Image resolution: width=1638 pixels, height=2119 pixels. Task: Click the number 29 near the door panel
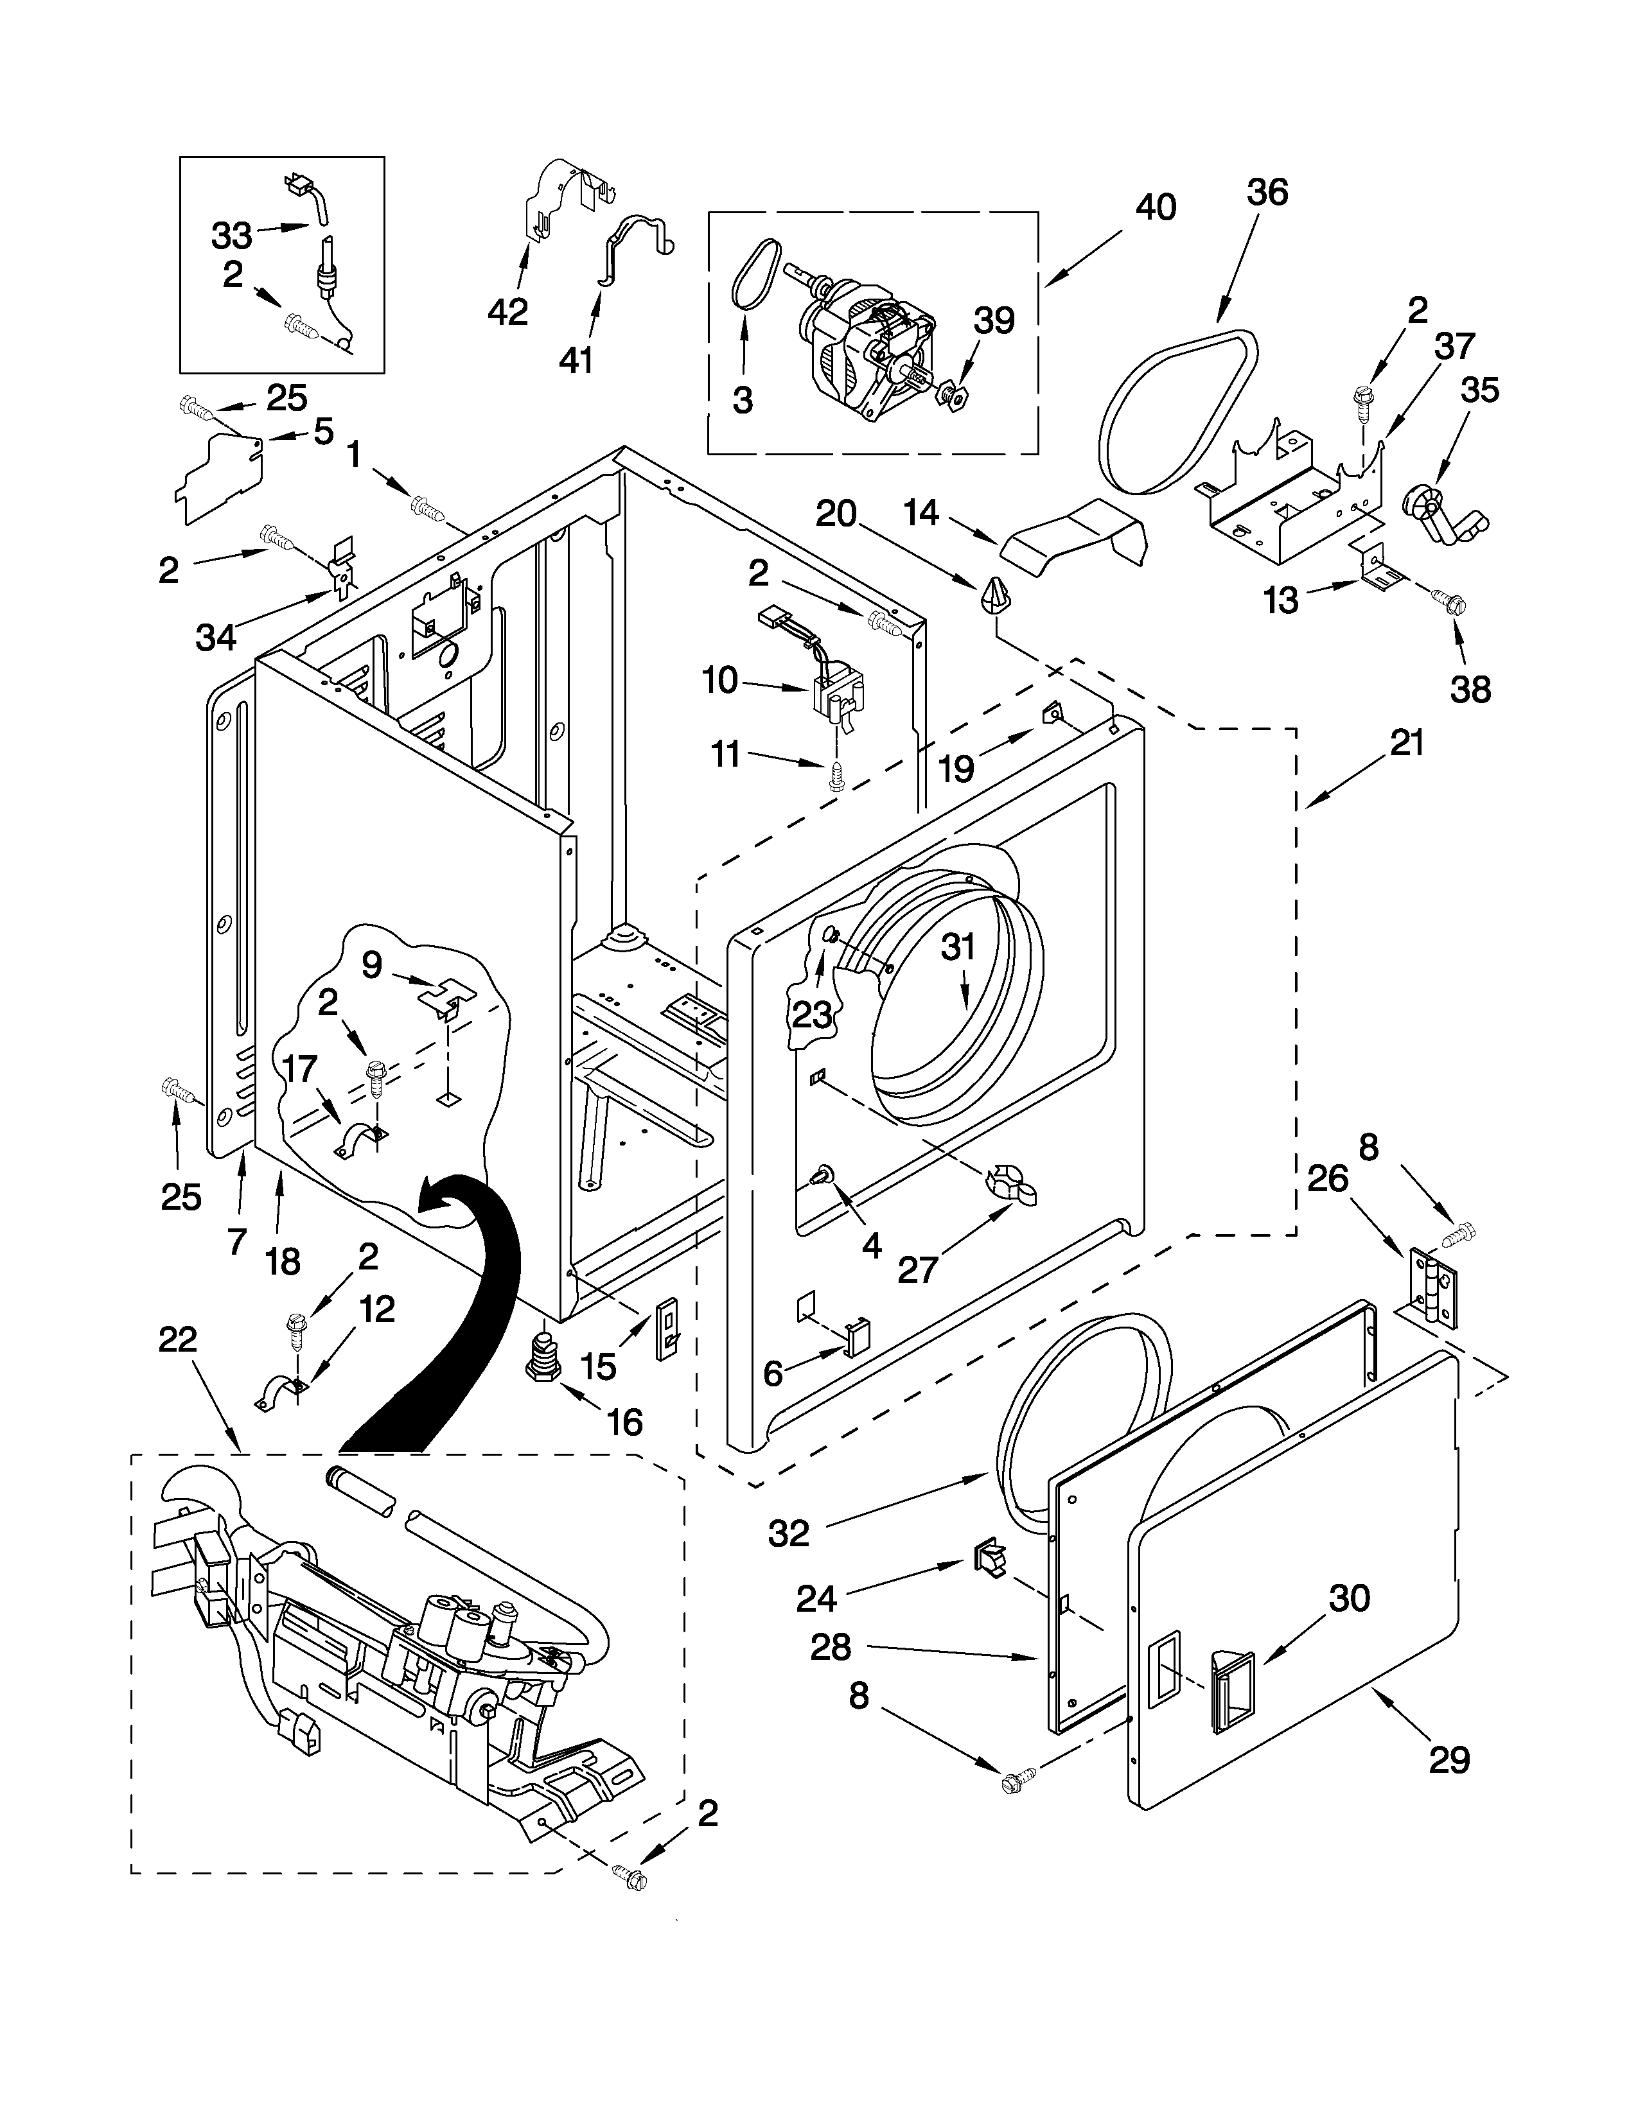[1449, 1759]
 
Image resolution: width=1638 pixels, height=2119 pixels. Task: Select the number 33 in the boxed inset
[232, 235]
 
